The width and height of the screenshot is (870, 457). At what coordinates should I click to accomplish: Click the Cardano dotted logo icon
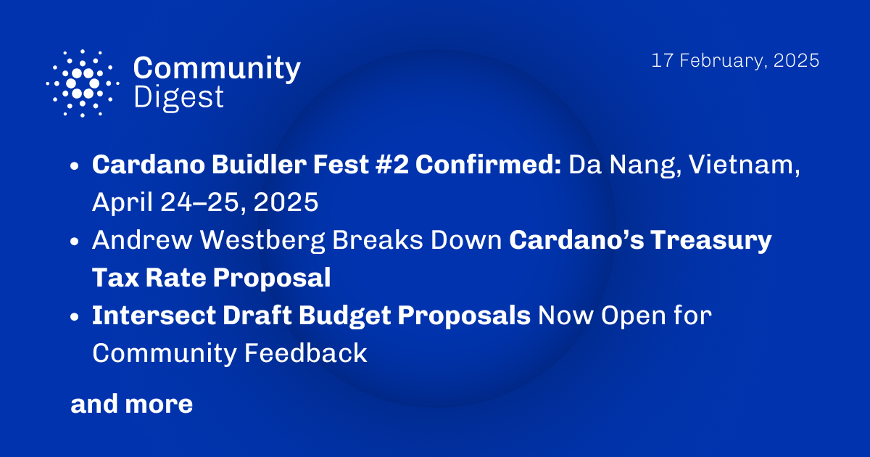[83, 83]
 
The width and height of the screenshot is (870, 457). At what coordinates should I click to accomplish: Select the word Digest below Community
[179, 96]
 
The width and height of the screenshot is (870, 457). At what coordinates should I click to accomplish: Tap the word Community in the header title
[217, 68]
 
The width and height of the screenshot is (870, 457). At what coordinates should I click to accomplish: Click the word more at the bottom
[159, 404]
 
